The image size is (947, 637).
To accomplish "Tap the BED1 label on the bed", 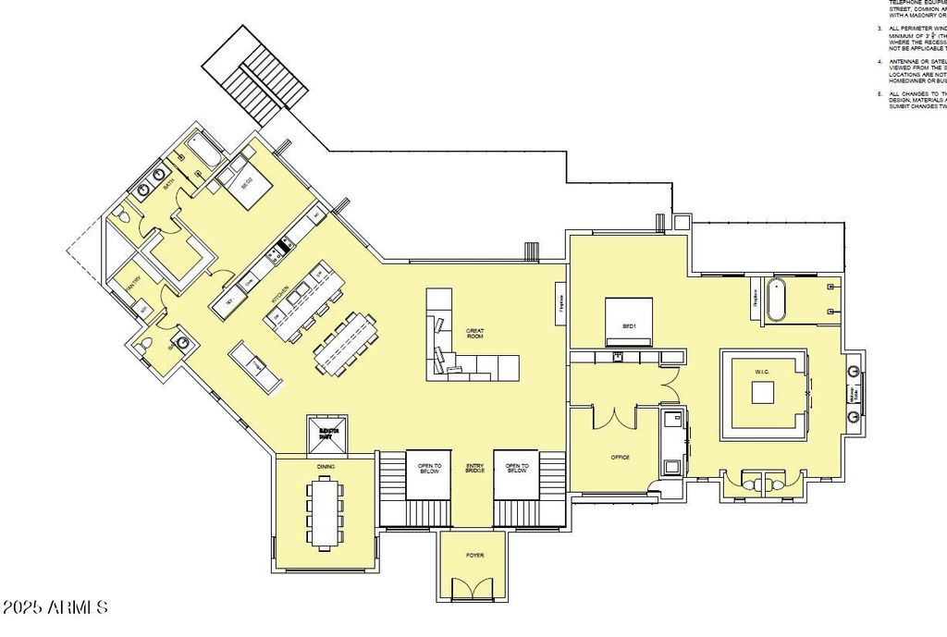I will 629,326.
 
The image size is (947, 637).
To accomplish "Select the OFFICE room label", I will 620,457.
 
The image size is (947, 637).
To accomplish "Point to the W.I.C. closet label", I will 762,373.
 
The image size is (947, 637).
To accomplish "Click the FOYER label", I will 472,555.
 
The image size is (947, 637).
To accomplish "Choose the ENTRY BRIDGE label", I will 473,469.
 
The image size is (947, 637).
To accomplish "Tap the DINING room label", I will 324,467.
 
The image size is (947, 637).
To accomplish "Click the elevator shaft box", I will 327,435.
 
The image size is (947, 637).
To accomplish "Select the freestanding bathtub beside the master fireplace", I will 775,299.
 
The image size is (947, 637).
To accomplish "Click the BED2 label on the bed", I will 248,184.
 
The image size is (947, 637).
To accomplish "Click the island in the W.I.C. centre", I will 763,392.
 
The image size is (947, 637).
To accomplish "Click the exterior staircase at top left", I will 256,79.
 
